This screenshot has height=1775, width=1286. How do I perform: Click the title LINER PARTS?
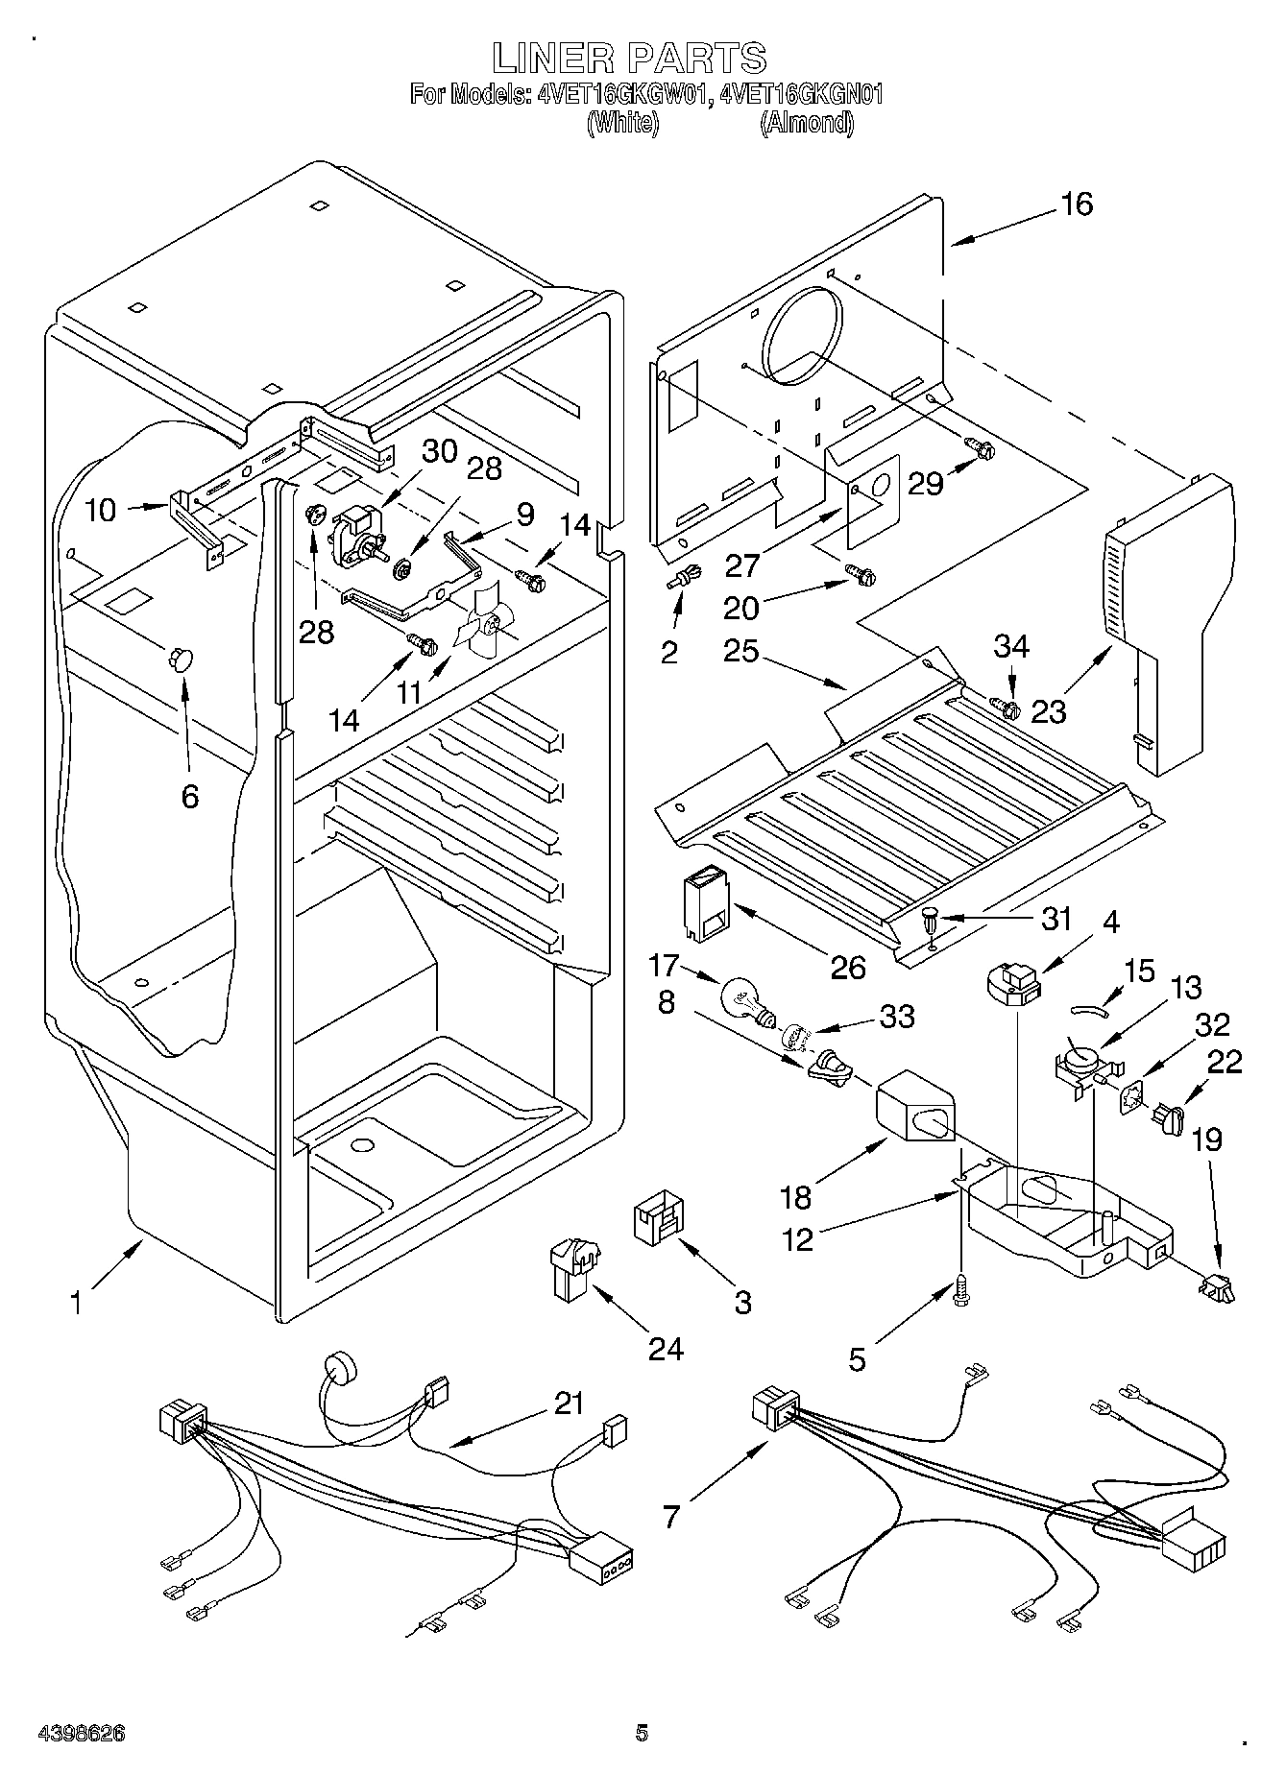point(629,59)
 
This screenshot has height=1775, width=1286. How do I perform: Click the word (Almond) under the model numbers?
point(806,123)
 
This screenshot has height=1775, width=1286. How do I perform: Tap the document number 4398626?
point(82,1734)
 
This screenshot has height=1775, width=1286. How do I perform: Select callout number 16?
point(1077,204)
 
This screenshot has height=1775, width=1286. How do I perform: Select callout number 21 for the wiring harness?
point(569,1403)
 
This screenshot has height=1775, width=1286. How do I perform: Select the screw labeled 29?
point(980,447)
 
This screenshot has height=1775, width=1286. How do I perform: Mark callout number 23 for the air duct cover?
point(1049,711)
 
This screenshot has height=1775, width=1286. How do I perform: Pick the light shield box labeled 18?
point(918,1108)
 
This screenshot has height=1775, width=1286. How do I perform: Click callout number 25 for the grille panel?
point(741,652)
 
